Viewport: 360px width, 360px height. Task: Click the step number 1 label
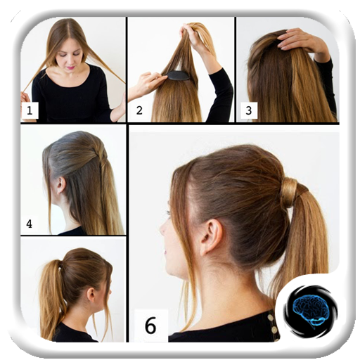(30, 110)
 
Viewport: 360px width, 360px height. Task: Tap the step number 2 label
(139, 110)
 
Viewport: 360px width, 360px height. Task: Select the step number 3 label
(248, 110)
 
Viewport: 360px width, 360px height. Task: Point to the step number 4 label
(29, 224)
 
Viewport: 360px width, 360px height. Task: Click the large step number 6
(150, 325)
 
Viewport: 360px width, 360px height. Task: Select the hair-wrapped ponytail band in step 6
(290, 192)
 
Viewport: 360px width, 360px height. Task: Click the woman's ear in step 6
(210, 236)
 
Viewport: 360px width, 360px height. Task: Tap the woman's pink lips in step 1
(70, 67)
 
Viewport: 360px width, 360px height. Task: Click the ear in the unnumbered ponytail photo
(91, 295)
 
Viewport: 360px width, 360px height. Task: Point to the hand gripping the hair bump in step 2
(147, 83)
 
